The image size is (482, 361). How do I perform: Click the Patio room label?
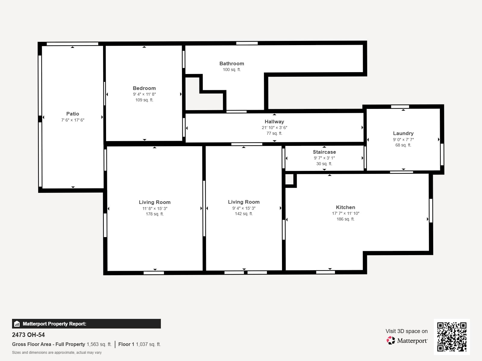(73, 114)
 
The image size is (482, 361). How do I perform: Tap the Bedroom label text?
(144, 88)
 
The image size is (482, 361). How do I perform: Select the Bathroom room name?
(232, 63)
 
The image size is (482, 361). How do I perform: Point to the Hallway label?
(274, 122)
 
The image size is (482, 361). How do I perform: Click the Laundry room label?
(403, 133)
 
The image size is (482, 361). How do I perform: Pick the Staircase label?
(324, 152)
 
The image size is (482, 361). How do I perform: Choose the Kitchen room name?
(346, 207)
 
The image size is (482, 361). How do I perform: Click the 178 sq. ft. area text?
(155, 214)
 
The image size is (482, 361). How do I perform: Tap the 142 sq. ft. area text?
(244, 214)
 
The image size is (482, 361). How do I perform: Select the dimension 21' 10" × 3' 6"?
(274, 128)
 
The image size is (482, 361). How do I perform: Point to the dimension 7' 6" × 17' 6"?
(73, 120)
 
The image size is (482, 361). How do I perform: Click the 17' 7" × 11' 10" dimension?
(346, 213)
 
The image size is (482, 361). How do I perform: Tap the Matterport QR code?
(452, 337)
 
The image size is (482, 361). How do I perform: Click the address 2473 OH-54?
(28, 335)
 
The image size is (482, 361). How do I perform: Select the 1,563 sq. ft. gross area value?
(99, 344)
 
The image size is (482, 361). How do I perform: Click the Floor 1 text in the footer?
(126, 344)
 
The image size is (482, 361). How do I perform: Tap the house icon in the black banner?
(17, 324)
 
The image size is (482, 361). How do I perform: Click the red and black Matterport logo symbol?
(391, 341)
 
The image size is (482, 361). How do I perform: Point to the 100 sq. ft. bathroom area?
(232, 70)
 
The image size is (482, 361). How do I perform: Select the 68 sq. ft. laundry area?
(403, 145)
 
